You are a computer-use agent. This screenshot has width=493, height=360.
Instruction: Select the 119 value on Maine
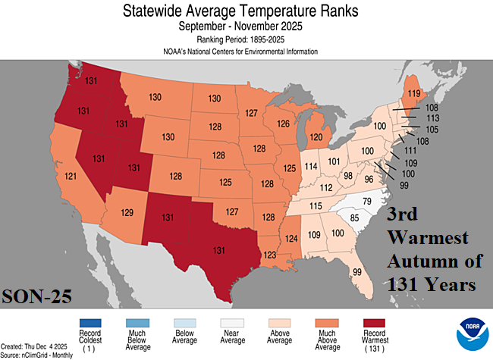click(x=414, y=95)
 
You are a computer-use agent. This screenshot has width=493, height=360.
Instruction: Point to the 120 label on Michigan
click(x=315, y=139)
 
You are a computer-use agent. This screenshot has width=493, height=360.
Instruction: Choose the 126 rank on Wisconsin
click(x=284, y=124)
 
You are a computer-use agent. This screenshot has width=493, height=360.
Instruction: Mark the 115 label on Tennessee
click(x=316, y=207)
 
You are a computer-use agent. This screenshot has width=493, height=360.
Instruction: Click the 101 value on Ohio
click(x=333, y=161)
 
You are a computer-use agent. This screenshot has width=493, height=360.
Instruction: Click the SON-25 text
click(x=36, y=296)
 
